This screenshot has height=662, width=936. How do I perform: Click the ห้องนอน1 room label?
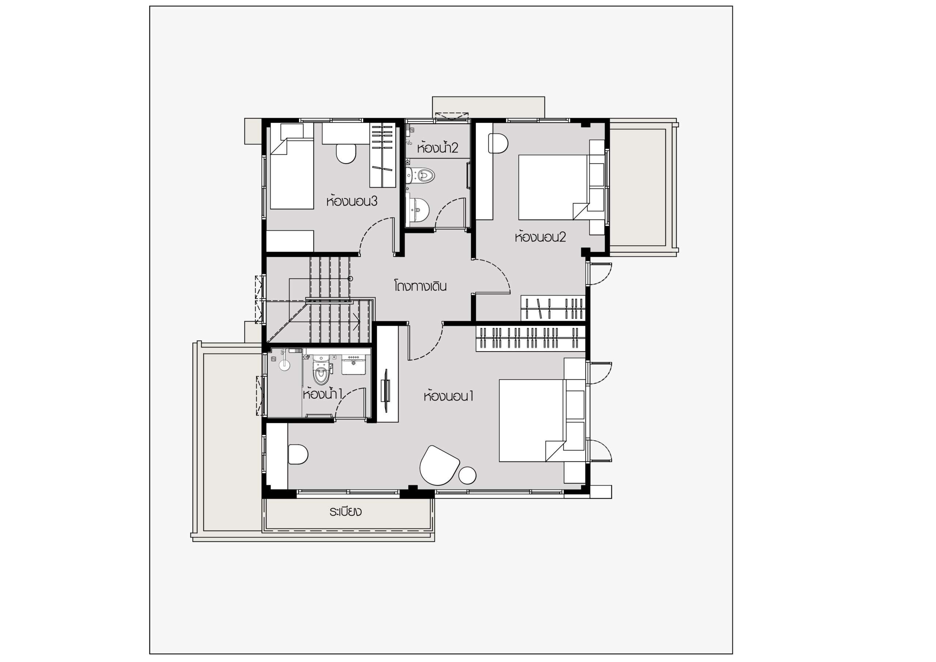[448, 396]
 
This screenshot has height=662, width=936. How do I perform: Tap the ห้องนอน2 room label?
[540, 237]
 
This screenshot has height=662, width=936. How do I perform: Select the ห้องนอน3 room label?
[352, 201]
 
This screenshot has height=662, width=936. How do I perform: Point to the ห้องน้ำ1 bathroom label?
[322, 394]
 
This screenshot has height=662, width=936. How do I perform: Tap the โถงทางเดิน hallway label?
[420, 286]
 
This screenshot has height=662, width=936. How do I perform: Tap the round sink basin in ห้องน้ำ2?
[418, 210]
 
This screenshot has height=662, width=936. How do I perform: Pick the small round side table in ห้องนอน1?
[468, 475]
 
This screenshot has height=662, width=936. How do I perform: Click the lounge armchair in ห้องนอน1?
[439, 465]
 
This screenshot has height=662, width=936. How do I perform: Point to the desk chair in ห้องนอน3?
[346, 153]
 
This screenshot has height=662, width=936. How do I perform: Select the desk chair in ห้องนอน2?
[500, 144]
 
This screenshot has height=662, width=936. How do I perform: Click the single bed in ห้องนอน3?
[292, 174]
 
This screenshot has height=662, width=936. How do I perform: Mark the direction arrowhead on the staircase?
[358, 322]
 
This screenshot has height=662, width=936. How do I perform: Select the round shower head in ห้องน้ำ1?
[284, 365]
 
